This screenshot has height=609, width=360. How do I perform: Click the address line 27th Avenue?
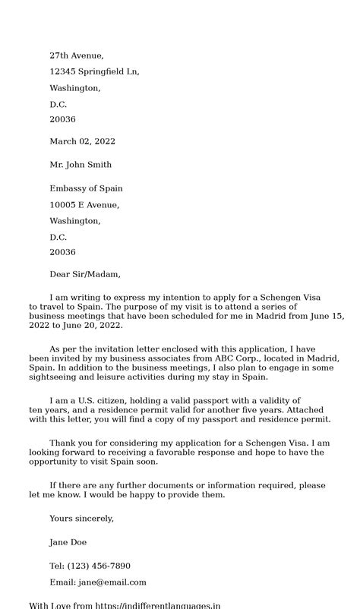(x=77, y=55)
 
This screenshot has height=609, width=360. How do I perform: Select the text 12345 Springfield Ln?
(x=94, y=71)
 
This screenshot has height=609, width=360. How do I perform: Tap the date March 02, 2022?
(x=82, y=141)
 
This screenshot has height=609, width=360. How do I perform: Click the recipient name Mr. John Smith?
(x=81, y=164)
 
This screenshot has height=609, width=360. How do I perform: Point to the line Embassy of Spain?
(x=86, y=188)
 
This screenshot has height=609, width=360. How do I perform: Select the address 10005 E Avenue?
(x=84, y=204)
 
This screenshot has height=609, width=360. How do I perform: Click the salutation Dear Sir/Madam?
(x=85, y=274)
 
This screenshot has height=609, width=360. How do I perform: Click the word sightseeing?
(x=55, y=377)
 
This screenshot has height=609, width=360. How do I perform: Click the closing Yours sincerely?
(x=81, y=518)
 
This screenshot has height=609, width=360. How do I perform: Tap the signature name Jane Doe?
(x=68, y=542)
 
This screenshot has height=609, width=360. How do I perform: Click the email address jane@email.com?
(x=112, y=582)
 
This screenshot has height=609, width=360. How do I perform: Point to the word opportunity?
(x=55, y=461)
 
